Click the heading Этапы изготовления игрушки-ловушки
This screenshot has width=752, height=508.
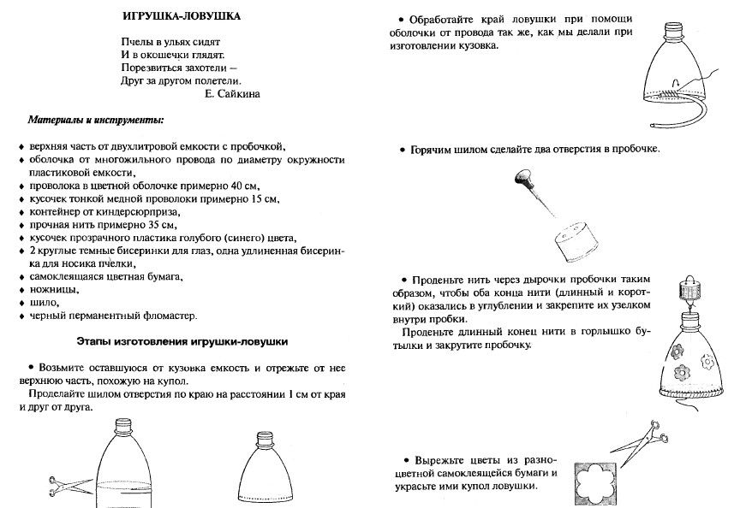(182, 341)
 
